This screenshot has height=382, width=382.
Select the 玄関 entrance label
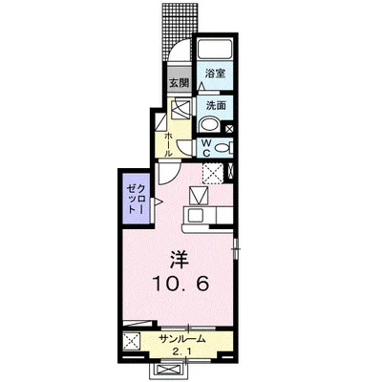[x=180, y=83]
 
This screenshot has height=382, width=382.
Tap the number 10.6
[x=178, y=284]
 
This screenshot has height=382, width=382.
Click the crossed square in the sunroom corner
[x=131, y=342]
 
